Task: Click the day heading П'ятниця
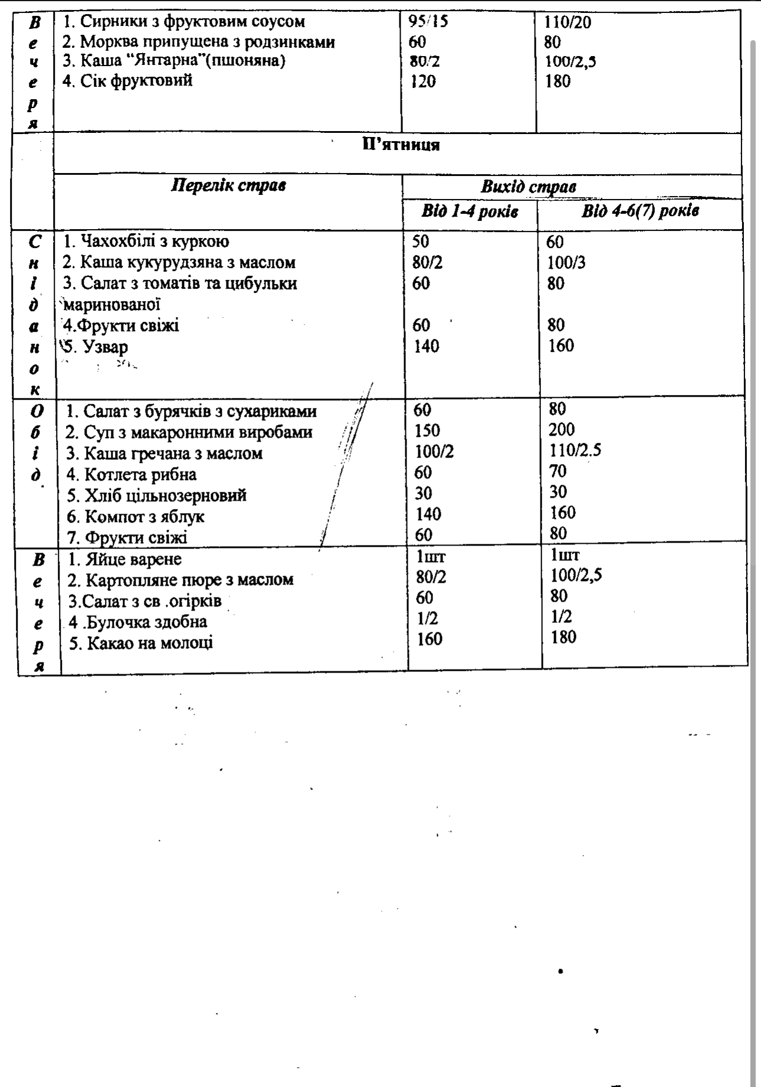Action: (401, 145)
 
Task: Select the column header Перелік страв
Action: (228, 185)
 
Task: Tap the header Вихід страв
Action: (528, 187)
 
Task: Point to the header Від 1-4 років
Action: (470, 211)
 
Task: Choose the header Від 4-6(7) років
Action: (640, 211)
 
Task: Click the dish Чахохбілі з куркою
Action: (146, 241)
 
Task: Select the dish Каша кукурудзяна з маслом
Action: (179, 262)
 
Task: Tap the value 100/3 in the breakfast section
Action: (566, 262)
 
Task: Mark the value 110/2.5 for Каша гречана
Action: (575, 451)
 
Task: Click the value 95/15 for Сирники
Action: (428, 22)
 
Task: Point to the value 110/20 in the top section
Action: (567, 22)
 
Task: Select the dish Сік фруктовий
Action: (128, 80)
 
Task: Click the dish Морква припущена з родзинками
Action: (199, 42)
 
